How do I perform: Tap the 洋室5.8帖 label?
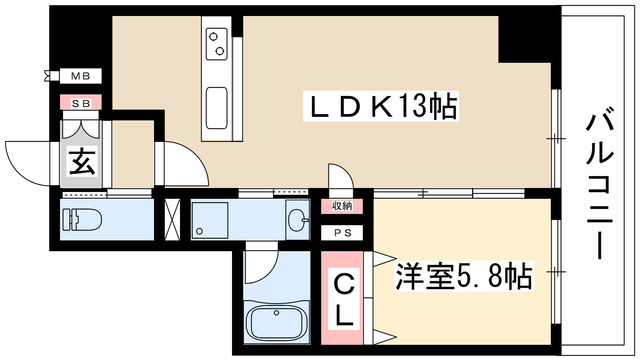[464, 273]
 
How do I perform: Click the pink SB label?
[81, 102]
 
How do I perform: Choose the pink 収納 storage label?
[342, 207]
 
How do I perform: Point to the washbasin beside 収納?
[297, 218]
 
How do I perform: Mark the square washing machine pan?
[212, 218]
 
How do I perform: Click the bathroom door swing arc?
[260, 266]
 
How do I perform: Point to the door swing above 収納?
[340, 177]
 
